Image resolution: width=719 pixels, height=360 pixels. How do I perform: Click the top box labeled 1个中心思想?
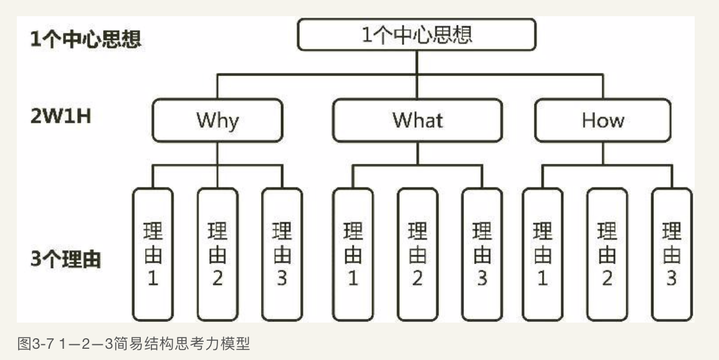tap(416, 34)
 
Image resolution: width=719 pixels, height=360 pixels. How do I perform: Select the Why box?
tap(217, 120)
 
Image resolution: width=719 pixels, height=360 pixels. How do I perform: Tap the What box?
tap(417, 120)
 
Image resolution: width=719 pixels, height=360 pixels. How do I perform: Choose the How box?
tap(602, 120)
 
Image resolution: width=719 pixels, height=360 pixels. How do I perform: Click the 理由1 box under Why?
tap(153, 253)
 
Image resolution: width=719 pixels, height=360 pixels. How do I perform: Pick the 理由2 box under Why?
tap(217, 253)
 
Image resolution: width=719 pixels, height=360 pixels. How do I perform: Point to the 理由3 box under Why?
tap(282, 253)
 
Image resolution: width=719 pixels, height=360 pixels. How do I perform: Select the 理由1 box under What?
tap(353, 253)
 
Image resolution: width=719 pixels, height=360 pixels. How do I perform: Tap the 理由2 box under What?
tap(417, 253)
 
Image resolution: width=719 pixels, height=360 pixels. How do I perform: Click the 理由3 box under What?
tap(482, 253)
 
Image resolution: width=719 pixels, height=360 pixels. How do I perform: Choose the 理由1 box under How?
tap(542, 253)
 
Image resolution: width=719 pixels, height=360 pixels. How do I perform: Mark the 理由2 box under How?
tap(607, 253)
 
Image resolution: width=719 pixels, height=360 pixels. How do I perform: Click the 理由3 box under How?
tap(671, 253)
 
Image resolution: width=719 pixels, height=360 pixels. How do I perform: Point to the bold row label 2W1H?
tap(61, 116)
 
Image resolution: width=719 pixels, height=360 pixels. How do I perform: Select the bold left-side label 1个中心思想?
tap(86, 39)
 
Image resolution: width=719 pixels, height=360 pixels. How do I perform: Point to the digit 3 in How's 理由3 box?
tap(671, 278)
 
